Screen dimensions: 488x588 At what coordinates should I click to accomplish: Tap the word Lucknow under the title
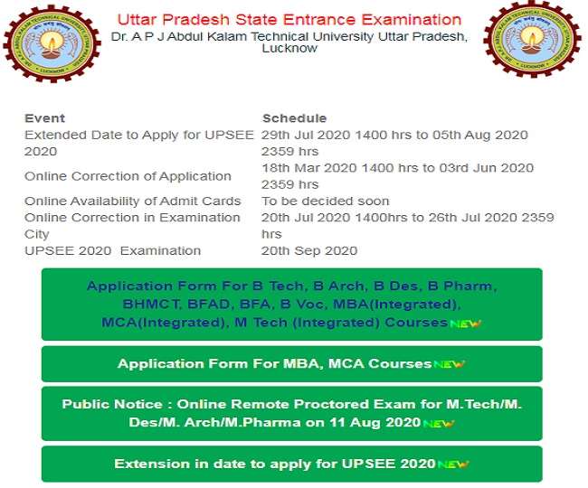[x=289, y=49]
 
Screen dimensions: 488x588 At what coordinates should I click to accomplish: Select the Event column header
[x=44, y=118]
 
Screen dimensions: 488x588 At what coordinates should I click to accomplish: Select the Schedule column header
[x=294, y=118]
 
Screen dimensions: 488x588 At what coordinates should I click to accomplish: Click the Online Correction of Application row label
[x=128, y=176]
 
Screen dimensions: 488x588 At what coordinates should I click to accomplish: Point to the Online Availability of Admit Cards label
[x=133, y=201]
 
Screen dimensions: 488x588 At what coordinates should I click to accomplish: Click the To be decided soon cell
[x=326, y=201]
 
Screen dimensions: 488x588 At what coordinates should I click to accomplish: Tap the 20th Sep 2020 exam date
[x=309, y=250]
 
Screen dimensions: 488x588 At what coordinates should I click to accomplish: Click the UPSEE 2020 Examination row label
[x=113, y=250]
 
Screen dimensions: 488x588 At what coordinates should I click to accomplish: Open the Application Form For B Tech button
[x=291, y=304]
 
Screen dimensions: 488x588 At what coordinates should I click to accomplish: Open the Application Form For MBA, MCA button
[x=291, y=363]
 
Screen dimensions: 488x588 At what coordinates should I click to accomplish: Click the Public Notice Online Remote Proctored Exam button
[x=291, y=413]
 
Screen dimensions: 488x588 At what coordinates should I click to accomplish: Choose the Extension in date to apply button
[x=291, y=464]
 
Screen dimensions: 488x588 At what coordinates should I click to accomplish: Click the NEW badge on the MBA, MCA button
[x=448, y=364]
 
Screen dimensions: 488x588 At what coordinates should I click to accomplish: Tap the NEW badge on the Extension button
[x=453, y=465]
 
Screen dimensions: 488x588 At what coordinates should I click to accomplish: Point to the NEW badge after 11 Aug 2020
[x=438, y=423]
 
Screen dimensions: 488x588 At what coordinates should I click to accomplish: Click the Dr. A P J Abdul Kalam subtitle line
[x=289, y=36]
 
